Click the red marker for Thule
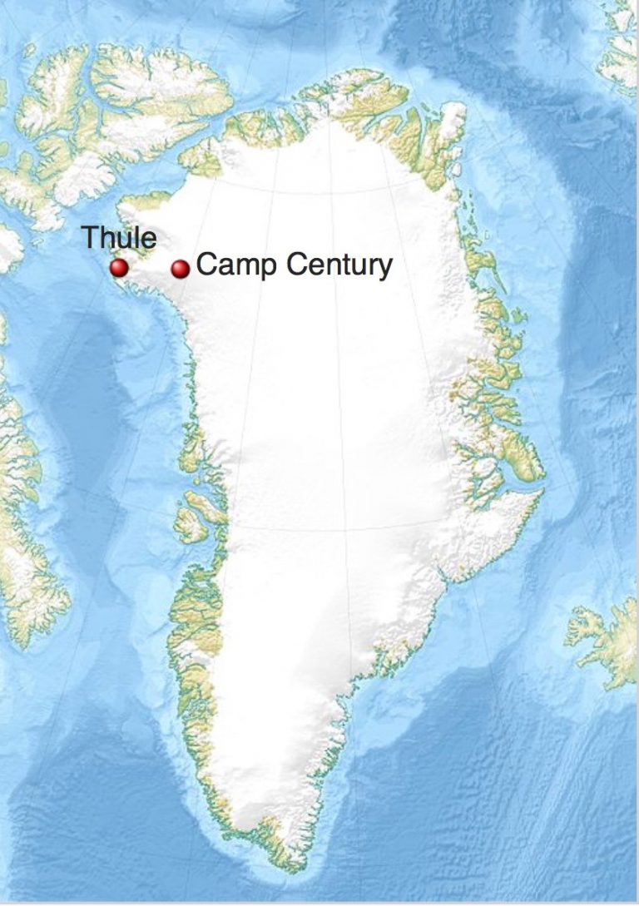pos(119,268)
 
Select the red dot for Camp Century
pos(181,269)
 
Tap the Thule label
pos(119,238)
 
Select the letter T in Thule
pos(90,237)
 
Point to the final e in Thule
pos(149,240)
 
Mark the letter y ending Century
pos(384,270)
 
